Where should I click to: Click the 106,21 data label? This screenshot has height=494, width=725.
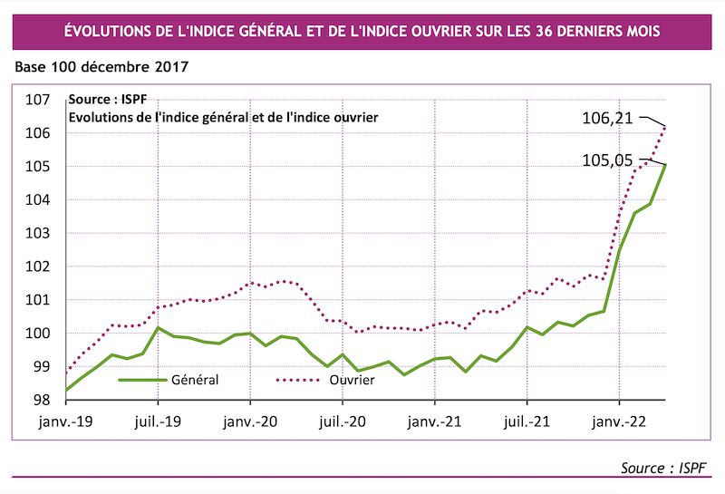[x=610, y=117]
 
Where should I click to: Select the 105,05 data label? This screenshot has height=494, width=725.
[x=610, y=160]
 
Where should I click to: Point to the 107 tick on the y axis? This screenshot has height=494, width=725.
[x=35, y=100]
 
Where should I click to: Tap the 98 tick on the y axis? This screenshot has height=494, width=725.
[x=39, y=400]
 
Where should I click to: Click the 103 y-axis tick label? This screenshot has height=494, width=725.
[x=35, y=233]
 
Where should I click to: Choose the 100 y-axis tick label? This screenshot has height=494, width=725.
[x=35, y=334]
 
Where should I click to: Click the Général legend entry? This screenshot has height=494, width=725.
[x=194, y=380]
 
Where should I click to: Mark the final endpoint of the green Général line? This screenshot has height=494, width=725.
[x=666, y=164]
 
